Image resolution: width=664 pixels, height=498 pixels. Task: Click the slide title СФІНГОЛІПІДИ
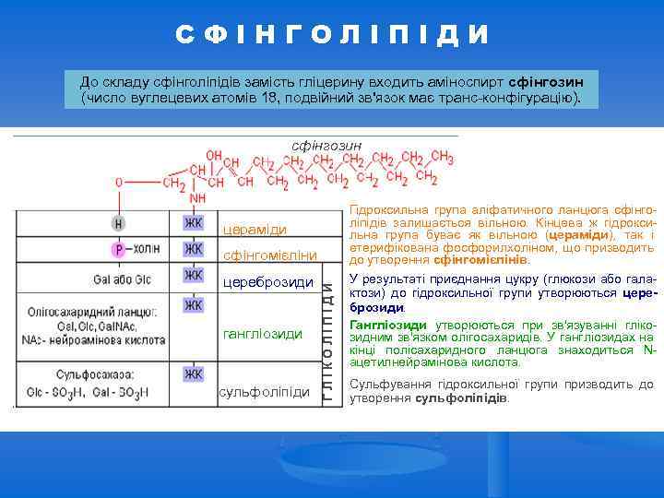pyautogui.click(x=332, y=36)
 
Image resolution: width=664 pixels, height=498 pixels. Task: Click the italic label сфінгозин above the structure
pyautogui.click(x=326, y=145)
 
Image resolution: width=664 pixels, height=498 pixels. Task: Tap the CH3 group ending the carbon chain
pyautogui.click(x=441, y=158)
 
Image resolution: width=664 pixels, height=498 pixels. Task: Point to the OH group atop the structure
pyautogui.click(x=214, y=155)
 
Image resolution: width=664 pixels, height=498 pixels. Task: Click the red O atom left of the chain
pyautogui.click(x=119, y=183)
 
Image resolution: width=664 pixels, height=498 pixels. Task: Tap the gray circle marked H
pyautogui.click(x=118, y=223)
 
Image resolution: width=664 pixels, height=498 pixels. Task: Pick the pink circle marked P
pyautogui.click(x=118, y=249)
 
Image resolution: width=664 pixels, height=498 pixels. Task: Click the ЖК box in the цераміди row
pyautogui.click(x=193, y=223)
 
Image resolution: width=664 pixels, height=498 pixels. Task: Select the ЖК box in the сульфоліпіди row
pyautogui.click(x=193, y=373)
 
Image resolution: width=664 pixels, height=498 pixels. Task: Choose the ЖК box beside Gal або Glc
pyautogui.click(x=193, y=276)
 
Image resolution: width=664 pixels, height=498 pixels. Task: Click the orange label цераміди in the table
pyautogui.click(x=255, y=230)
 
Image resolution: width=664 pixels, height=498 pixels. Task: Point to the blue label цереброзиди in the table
pyautogui.click(x=268, y=281)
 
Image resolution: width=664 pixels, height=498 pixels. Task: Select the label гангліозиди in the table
pyautogui.click(x=263, y=333)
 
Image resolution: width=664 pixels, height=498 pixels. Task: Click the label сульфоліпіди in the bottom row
pyautogui.click(x=265, y=392)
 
